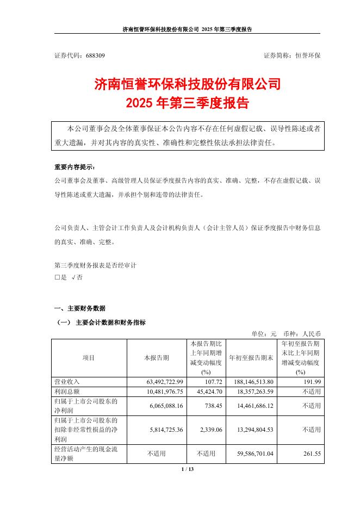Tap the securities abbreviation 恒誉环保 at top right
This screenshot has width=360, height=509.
click(x=307, y=55)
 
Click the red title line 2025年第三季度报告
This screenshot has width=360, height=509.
click(x=187, y=102)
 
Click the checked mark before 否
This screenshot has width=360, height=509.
click(x=73, y=277)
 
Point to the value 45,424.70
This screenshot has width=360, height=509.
click(x=203, y=392)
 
